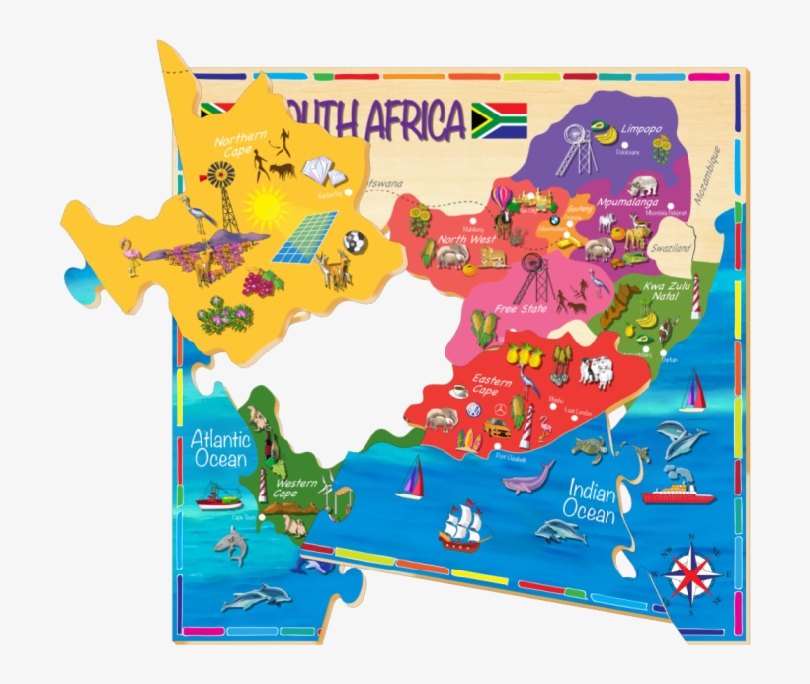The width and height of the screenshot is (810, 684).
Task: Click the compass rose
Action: pyautogui.click(x=691, y=571)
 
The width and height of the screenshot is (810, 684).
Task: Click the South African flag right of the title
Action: pyautogui.click(x=499, y=120)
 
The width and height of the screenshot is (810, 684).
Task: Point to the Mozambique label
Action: pyautogui.click(x=708, y=176)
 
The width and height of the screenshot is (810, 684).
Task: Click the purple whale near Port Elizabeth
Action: pyautogui.click(x=527, y=482)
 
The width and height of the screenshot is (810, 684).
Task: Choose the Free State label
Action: pyautogui.click(x=522, y=308)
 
